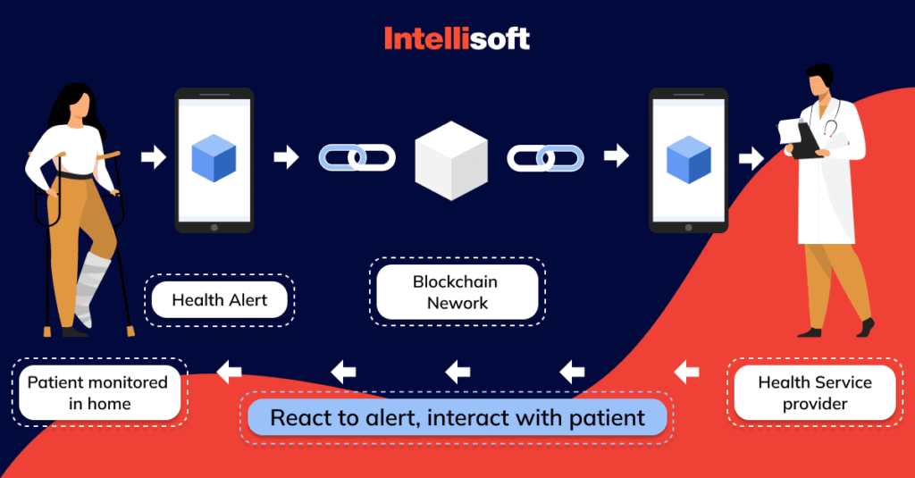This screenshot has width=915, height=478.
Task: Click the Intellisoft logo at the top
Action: tap(457, 38)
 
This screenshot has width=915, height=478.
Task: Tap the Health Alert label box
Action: tap(219, 300)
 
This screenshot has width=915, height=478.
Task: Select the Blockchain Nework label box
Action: tap(457, 292)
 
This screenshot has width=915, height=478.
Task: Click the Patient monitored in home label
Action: tap(97, 393)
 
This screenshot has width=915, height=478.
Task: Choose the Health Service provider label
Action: tap(814, 393)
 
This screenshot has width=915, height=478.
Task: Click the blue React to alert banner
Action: tap(457, 417)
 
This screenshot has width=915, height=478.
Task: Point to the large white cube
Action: tap(451, 161)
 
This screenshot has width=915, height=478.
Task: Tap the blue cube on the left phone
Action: tap(214, 158)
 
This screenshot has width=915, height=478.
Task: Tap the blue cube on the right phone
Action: tap(688, 159)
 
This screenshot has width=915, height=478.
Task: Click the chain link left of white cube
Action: tap(357, 158)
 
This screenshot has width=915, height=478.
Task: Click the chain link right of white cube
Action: tap(545, 158)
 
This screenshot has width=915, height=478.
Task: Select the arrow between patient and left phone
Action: tap(154, 158)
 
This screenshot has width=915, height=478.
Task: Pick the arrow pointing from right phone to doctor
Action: tap(751, 158)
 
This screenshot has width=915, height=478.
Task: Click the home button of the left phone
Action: tap(214, 227)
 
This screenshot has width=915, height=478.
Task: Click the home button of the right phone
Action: tap(688, 227)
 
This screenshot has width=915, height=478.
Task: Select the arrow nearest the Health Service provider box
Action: tap(687, 370)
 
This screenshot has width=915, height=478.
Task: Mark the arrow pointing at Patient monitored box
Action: tap(230, 370)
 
